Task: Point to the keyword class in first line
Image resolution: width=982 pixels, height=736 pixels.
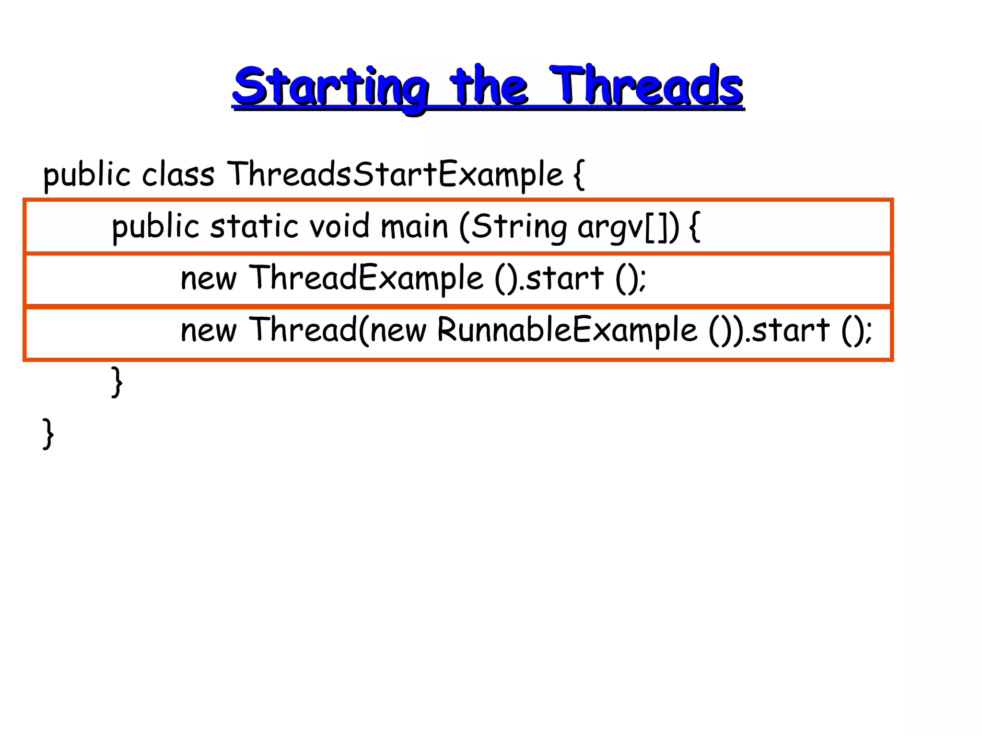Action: click(178, 174)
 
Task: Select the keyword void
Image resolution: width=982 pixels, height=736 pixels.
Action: click(339, 226)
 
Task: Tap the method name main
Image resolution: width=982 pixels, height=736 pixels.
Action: click(414, 226)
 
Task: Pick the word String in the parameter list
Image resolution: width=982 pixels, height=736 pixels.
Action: click(518, 227)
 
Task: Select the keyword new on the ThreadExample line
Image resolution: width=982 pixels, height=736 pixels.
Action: click(208, 279)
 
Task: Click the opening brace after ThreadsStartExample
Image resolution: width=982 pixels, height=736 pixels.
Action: click(579, 175)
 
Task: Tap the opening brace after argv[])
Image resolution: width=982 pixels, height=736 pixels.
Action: click(694, 227)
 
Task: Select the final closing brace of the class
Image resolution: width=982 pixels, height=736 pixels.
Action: click(48, 434)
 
